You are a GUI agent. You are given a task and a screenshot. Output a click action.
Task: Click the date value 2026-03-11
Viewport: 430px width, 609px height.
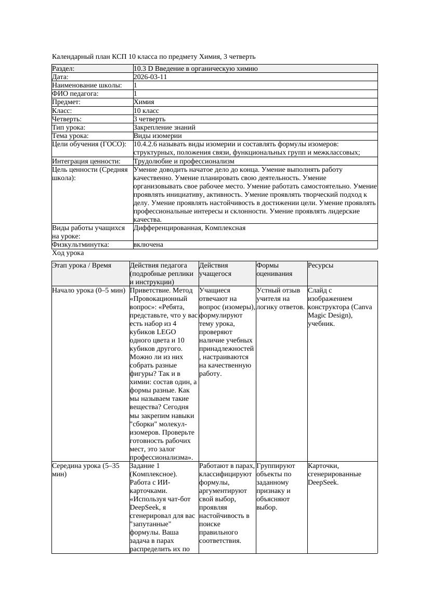tap(150, 77)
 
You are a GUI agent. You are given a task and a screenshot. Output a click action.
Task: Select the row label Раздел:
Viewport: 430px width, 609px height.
tap(63, 69)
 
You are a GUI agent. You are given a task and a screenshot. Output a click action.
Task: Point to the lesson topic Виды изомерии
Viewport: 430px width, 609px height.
tap(158, 136)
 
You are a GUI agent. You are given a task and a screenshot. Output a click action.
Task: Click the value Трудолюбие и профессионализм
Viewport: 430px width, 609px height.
tap(184, 161)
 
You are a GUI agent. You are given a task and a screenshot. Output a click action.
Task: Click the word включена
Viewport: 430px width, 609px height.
tap(148, 245)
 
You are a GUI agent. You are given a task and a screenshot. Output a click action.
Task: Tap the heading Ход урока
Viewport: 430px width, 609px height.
tap(68, 253)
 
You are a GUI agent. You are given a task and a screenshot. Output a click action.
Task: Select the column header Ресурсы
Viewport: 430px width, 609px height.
tap(321, 265)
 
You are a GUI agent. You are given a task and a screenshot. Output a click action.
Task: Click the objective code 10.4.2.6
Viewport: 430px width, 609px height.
tap(148, 144)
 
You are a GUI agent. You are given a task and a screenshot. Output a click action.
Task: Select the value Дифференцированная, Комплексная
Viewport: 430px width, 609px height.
tap(189, 228)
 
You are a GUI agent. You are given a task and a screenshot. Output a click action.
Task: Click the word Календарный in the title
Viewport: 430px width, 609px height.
tap(73, 56)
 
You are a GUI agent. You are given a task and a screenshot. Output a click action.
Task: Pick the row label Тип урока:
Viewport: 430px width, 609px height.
tap(69, 127)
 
